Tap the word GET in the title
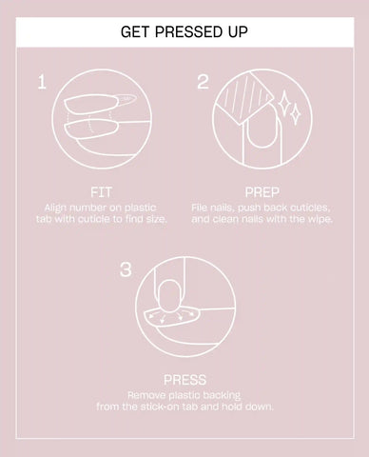[135, 32]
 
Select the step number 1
[42, 82]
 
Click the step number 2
[203, 82]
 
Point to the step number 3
[126, 269]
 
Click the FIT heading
[101, 192]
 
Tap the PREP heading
[262, 192]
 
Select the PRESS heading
[184, 380]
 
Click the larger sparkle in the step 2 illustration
[283, 102]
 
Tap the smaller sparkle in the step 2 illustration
[296, 114]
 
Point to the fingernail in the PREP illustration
[262, 127]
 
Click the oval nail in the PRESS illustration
[169, 296]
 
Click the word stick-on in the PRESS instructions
[161, 407]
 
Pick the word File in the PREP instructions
[199, 208]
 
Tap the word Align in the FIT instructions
[55, 209]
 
